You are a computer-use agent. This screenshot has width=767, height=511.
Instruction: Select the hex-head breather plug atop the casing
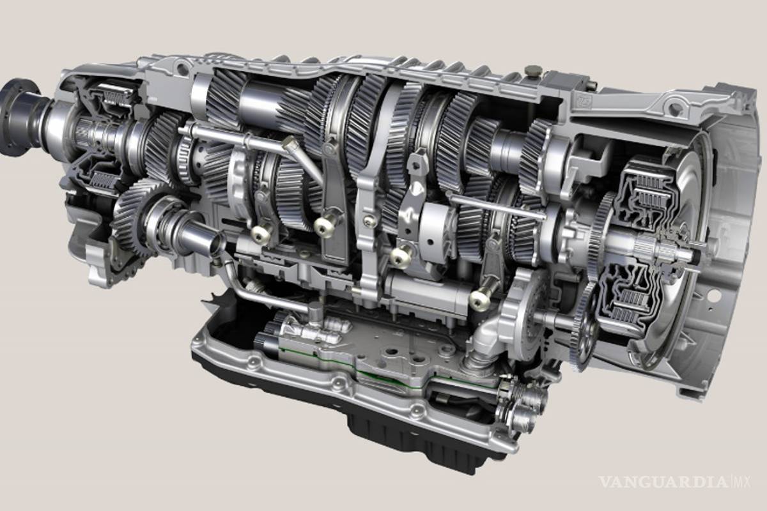click(x=532, y=71)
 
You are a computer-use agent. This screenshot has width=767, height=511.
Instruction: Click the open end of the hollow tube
click(x=217, y=244)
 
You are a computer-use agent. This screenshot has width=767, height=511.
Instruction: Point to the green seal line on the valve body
click(x=376, y=370)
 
